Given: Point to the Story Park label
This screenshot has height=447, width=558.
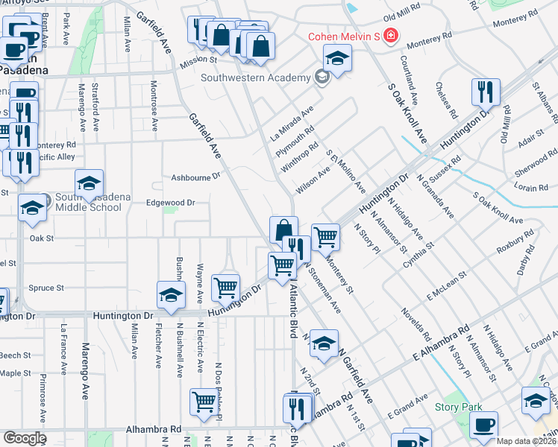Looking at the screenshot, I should (x=455, y=407).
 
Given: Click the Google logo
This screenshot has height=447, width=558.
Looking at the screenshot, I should (x=24, y=438).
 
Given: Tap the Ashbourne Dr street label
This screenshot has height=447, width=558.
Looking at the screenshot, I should (x=196, y=177).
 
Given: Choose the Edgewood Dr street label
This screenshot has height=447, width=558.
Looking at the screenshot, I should (x=170, y=202).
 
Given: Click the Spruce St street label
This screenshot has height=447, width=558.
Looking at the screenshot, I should (x=46, y=288).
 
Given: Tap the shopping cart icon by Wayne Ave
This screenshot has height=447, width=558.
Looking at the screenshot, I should (x=225, y=286).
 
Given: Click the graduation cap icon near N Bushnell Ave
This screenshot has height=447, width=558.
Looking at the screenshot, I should (x=171, y=294).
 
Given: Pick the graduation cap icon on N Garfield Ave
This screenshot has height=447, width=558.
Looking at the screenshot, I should (x=324, y=343).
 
